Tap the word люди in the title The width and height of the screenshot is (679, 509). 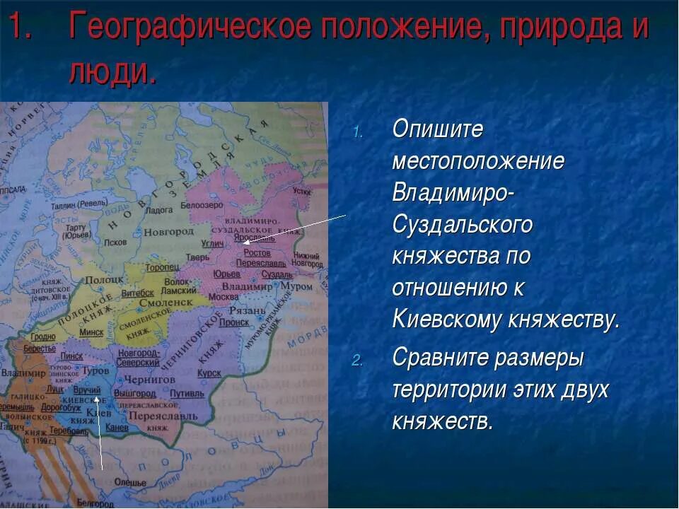click(112, 71)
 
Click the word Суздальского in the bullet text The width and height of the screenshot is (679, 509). click(463, 226)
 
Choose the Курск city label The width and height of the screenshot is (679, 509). click(209, 373)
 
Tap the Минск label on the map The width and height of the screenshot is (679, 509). click(91, 332)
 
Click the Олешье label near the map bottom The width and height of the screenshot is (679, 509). click(130, 482)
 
